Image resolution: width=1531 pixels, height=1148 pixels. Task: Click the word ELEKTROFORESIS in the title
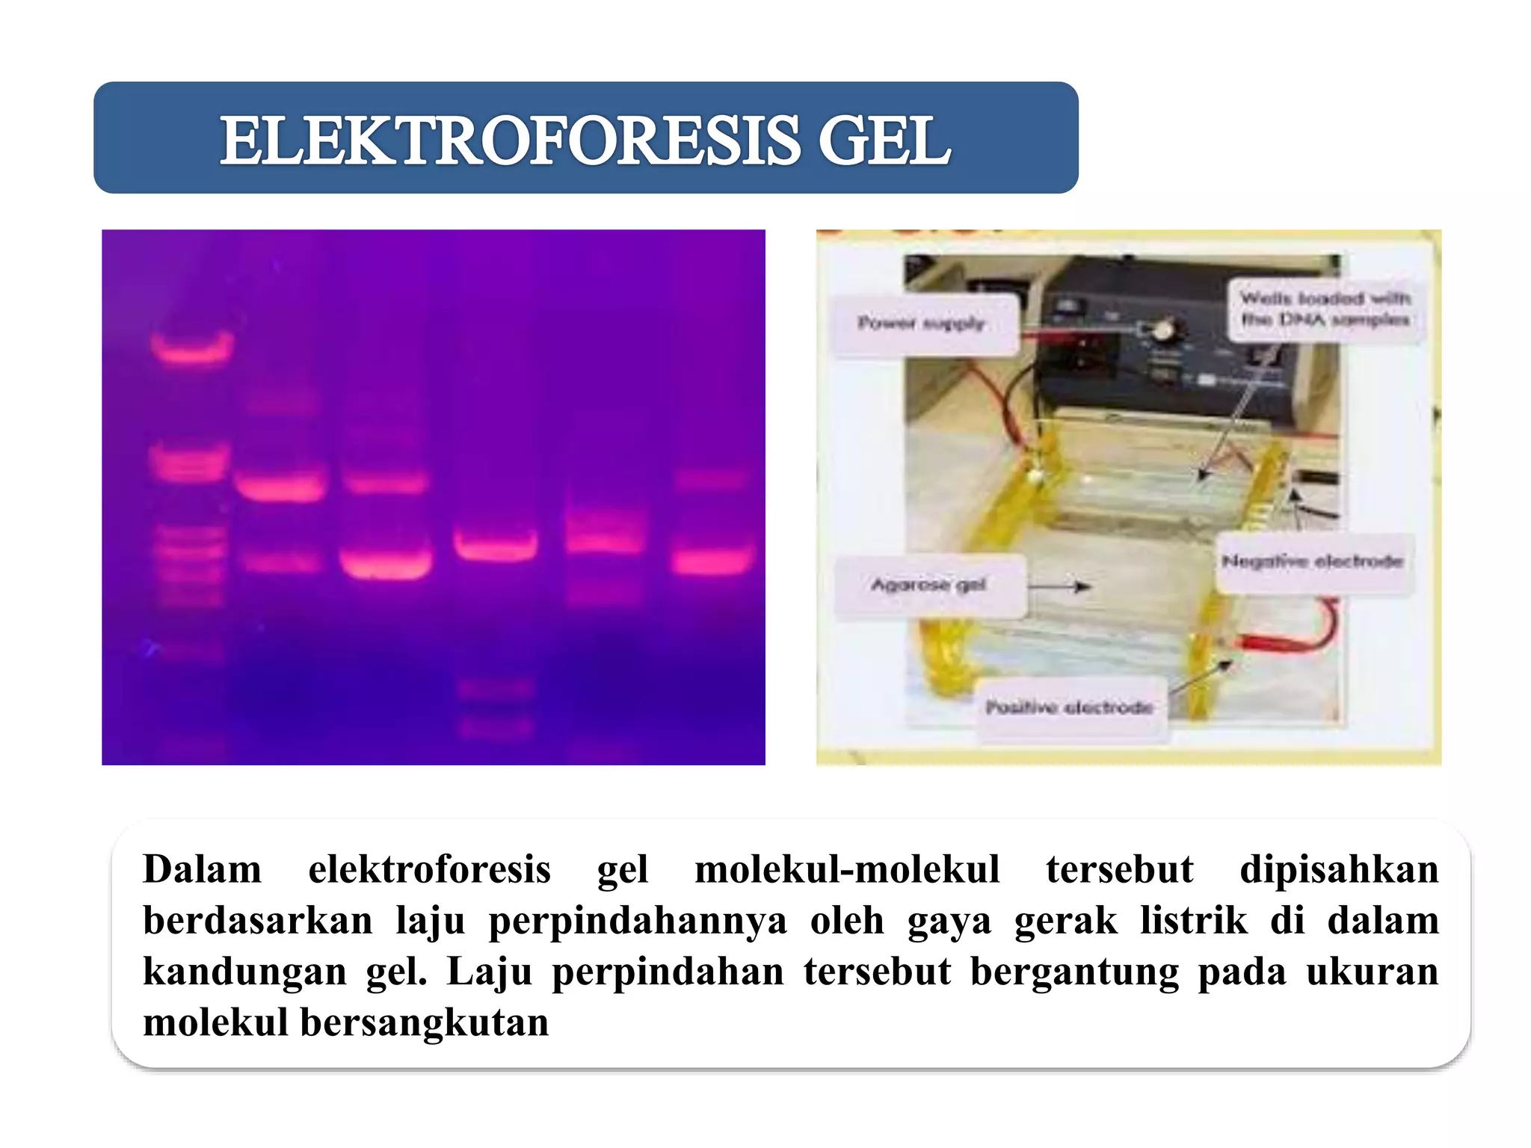click(x=508, y=141)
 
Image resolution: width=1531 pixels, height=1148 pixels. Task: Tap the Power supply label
click(x=922, y=324)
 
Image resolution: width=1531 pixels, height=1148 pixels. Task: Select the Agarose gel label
click(x=928, y=584)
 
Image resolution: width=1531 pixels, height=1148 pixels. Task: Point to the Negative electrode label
click(x=1312, y=561)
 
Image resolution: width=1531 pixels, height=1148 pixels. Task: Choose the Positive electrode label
click(x=1069, y=707)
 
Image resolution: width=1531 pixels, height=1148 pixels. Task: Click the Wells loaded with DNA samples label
click(x=1325, y=309)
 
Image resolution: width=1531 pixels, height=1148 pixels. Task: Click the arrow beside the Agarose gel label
click(x=1060, y=587)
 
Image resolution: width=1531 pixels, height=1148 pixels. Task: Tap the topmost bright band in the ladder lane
click(x=192, y=347)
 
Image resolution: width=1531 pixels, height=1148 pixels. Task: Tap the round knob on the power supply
click(x=1161, y=329)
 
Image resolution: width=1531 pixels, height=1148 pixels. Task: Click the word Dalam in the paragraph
click(x=202, y=869)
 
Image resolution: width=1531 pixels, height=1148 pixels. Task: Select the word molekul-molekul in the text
click(x=847, y=869)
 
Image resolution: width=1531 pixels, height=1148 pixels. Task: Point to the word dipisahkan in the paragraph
click(x=1339, y=869)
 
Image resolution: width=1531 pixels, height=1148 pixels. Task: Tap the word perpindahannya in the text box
click(x=638, y=920)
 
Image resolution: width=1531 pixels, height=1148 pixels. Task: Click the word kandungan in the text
click(x=244, y=971)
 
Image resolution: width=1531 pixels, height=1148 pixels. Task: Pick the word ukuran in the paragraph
click(x=1372, y=971)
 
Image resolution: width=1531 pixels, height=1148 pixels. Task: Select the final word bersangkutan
click(x=424, y=1022)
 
